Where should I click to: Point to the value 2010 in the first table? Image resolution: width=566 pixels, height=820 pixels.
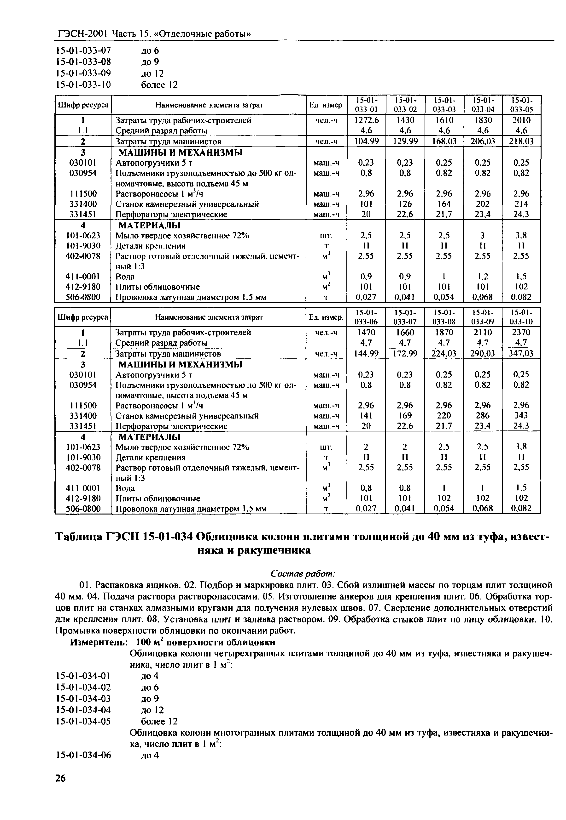[x=521, y=120]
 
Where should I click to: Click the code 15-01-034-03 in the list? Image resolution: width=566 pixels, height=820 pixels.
[x=84, y=699]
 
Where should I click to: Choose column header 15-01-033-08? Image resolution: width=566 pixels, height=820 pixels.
[x=444, y=317]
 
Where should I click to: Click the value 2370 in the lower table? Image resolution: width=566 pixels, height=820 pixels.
[x=521, y=333]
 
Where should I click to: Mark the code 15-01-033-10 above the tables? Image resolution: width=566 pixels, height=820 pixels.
[x=84, y=85]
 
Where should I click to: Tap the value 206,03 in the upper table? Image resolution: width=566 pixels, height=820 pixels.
[x=482, y=142]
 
